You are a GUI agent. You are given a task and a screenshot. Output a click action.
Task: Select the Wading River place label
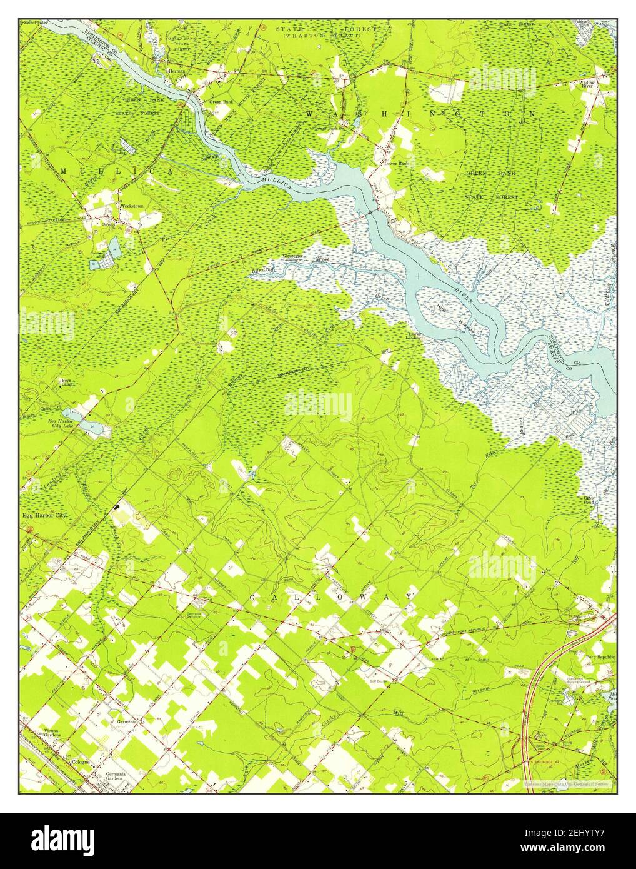click(587, 84)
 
